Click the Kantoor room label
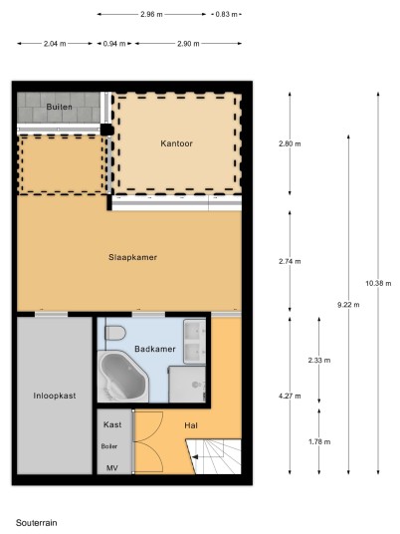[176, 143]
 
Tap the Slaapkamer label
[132, 257]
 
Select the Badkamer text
[155, 349]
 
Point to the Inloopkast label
[55, 396]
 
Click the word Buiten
[59, 107]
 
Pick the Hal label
[191, 425]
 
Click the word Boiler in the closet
[109, 446]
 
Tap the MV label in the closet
[112, 468]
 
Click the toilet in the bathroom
[114, 333]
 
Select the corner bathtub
[123, 377]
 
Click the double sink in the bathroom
[195, 342]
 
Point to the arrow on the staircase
[195, 457]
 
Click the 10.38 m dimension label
[378, 283]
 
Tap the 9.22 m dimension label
[348, 305]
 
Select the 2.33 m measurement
[319, 360]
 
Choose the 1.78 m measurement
[319, 441]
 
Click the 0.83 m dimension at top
[227, 14]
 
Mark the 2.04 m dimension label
[55, 44]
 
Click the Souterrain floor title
[37, 523]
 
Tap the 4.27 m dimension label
[290, 396]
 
